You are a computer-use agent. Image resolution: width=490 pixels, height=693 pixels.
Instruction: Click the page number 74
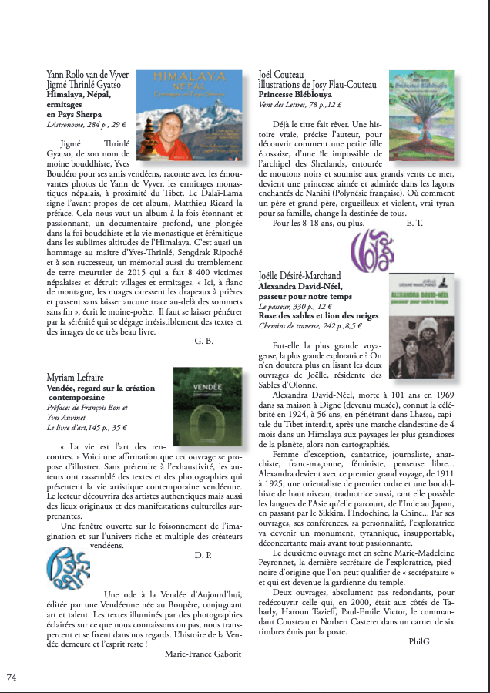coord(12,678)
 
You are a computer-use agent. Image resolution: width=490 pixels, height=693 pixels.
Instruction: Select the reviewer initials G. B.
coord(204,341)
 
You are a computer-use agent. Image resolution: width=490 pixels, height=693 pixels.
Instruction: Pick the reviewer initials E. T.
coord(414,224)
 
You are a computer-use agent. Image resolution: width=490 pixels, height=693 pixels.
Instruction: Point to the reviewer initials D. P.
coord(204,555)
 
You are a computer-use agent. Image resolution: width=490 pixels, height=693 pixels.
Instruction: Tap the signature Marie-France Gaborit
coord(203,654)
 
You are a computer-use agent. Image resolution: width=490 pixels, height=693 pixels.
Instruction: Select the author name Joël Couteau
coord(286,75)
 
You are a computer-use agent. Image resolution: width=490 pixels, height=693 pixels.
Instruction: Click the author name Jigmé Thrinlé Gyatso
coord(84,86)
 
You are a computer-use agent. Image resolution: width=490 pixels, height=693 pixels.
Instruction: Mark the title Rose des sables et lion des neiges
coord(319,316)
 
